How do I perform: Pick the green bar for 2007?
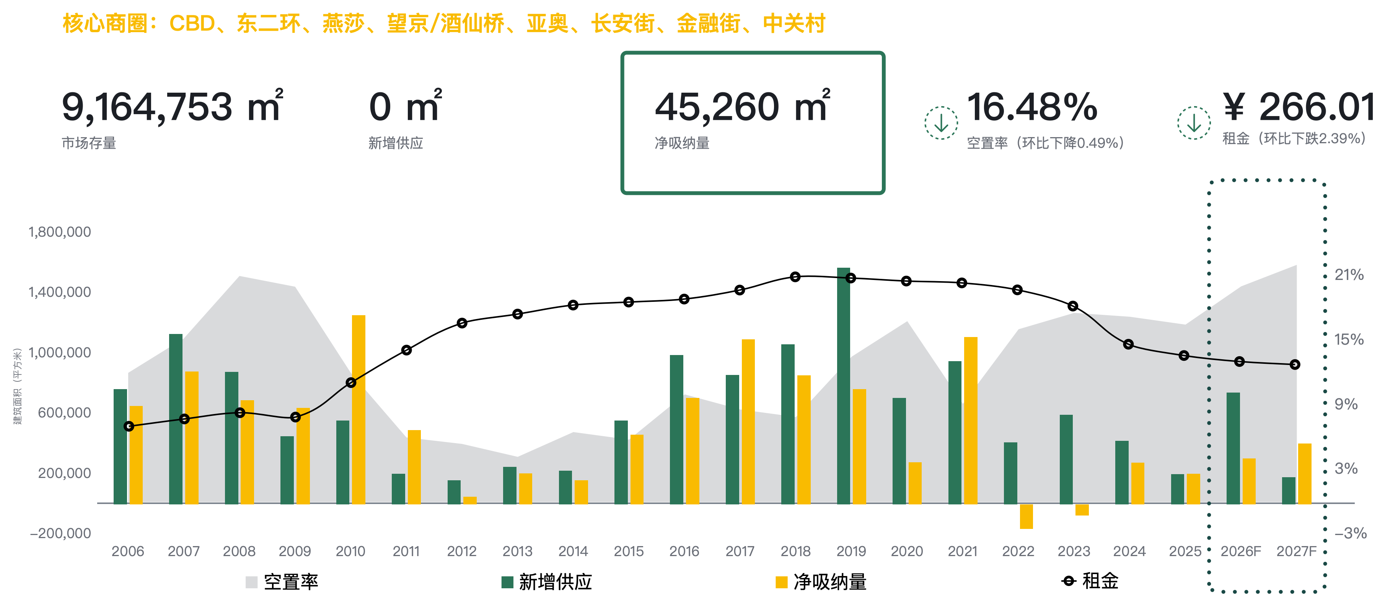tap(176, 419)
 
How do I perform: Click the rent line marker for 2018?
tap(795, 277)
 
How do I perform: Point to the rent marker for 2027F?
tap(1295, 364)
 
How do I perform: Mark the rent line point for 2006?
tap(129, 426)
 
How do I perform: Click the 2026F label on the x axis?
tap(1241, 551)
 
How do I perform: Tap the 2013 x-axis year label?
tap(517, 551)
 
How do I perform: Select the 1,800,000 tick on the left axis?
tap(60, 232)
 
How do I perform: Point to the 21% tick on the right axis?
tap(1349, 275)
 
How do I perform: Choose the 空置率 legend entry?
tap(282, 582)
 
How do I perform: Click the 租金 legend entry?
tap(1091, 581)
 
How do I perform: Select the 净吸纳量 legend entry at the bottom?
tap(822, 582)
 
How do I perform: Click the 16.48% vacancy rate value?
tap(1032, 107)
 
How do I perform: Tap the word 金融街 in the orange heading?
tap(708, 24)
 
